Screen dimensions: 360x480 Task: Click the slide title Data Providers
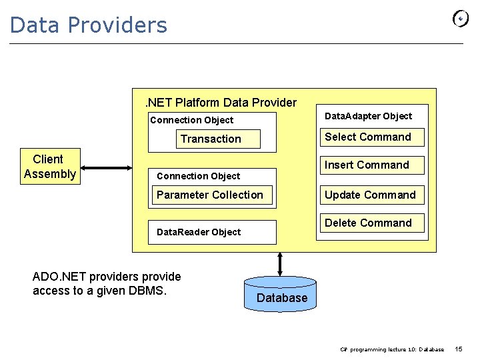pyautogui.click(x=89, y=25)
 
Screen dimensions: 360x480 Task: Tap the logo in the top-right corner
pyautogui.click(x=461, y=19)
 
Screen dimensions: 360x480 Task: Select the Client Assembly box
pyautogui.click(x=49, y=167)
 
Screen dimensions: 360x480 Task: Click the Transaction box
pyautogui.click(x=211, y=139)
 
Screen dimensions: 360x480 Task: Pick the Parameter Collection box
pyautogui.click(x=210, y=195)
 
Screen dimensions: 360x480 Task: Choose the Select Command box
pyautogui.click(x=368, y=137)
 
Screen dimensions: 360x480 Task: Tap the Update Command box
pyautogui.click(x=370, y=195)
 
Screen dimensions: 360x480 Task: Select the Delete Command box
pyautogui.click(x=368, y=223)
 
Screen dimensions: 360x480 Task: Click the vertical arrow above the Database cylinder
pyautogui.click(x=280, y=263)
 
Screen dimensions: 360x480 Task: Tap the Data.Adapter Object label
pyautogui.click(x=368, y=116)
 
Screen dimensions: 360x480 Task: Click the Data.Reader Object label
pyautogui.click(x=199, y=232)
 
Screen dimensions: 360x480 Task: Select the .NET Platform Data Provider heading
pyautogui.click(x=221, y=103)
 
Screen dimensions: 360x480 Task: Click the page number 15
pyautogui.click(x=459, y=349)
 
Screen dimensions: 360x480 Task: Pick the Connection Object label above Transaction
pyautogui.click(x=192, y=120)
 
